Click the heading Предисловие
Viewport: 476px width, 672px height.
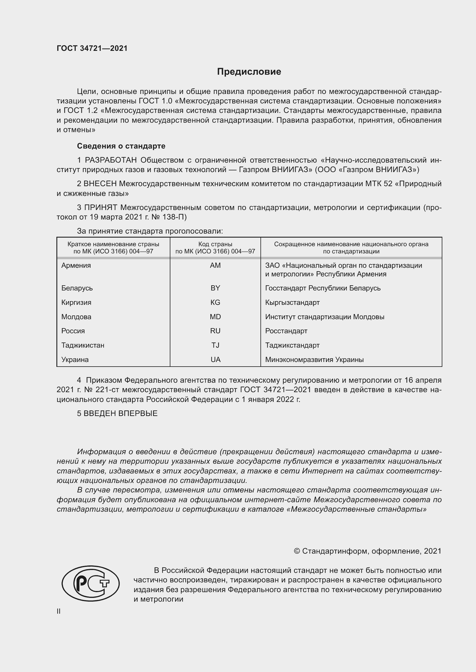pyautogui.click(x=249, y=72)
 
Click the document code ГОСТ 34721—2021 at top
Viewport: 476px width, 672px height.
pyautogui.click(x=92, y=48)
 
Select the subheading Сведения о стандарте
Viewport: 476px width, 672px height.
pyautogui.click(x=121, y=146)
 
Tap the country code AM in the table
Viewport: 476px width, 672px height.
pyautogui.click(x=215, y=265)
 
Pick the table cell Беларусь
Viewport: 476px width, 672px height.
pyautogui.click(x=77, y=288)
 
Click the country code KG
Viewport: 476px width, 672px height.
pyautogui.click(x=215, y=302)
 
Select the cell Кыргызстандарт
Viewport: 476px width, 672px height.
pyautogui.click(x=292, y=302)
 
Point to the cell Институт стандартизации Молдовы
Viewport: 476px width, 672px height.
pyautogui.click(x=324, y=317)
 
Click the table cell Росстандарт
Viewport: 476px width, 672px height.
pyautogui.click(x=286, y=331)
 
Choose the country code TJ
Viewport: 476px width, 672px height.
pyautogui.click(x=215, y=345)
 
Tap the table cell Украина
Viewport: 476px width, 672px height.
pyautogui.click(x=75, y=360)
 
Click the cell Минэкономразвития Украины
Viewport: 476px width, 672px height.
pyautogui.click(x=314, y=360)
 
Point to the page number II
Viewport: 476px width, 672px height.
pyautogui.click(x=59, y=611)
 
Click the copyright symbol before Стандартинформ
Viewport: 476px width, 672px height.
pyautogui.click(x=297, y=551)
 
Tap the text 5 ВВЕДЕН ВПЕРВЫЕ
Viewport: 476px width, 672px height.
pyautogui.click(x=117, y=413)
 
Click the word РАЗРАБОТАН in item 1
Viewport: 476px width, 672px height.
pyautogui.click(x=111, y=160)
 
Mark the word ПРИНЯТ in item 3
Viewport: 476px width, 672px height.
pyautogui.click(x=100, y=207)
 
